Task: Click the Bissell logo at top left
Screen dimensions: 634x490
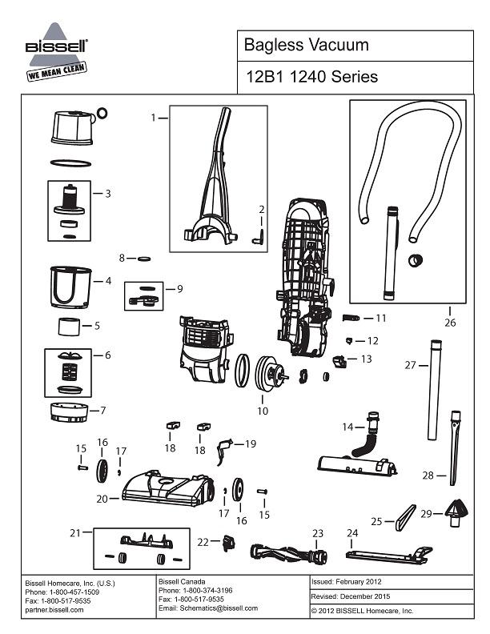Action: coord(57,53)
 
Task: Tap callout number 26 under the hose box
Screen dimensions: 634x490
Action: coord(449,323)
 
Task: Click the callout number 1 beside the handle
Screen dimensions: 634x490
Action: coord(153,118)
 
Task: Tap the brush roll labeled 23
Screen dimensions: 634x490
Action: coord(287,552)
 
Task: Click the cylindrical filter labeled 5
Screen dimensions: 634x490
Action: coord(70,327)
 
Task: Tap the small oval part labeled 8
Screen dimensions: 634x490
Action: coord(144,259)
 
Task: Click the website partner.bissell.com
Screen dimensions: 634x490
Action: coord(54,609)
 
